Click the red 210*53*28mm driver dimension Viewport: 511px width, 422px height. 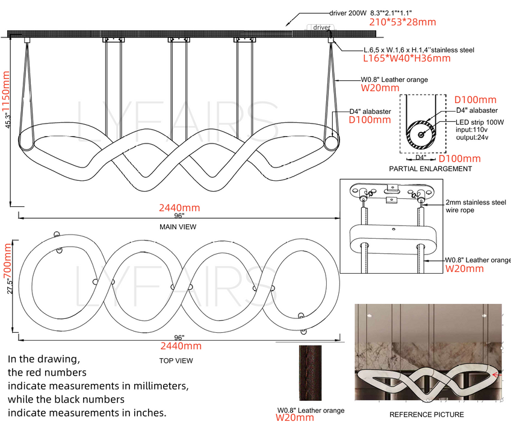[x=403, y=22]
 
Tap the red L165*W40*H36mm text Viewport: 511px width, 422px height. [x=407, y=58]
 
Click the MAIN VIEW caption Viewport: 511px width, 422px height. [x=178, y=227]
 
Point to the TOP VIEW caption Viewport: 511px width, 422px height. [x=176, y=361]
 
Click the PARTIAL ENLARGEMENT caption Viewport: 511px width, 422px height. [x=430, y=169]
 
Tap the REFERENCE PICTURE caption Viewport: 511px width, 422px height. [x=427, y=415]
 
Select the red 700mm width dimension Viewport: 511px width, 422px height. [x=7, y=261]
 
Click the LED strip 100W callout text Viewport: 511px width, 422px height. [x=480, y=122]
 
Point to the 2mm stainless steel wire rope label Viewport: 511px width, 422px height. [x=476, y=206]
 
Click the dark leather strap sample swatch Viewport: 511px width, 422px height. [x=310, y=373]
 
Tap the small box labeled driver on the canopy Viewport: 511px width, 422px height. [x=321, y=27]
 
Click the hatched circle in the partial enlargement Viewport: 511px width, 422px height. [x=420, y=134]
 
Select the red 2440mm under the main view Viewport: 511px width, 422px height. [x=179, y=208]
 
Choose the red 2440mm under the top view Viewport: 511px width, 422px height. [x=181, y=346]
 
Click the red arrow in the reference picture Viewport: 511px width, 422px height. [x=497, y=375]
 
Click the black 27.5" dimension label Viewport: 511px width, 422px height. [x=10, y=286]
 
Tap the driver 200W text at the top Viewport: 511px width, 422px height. [x=348, y=13]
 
